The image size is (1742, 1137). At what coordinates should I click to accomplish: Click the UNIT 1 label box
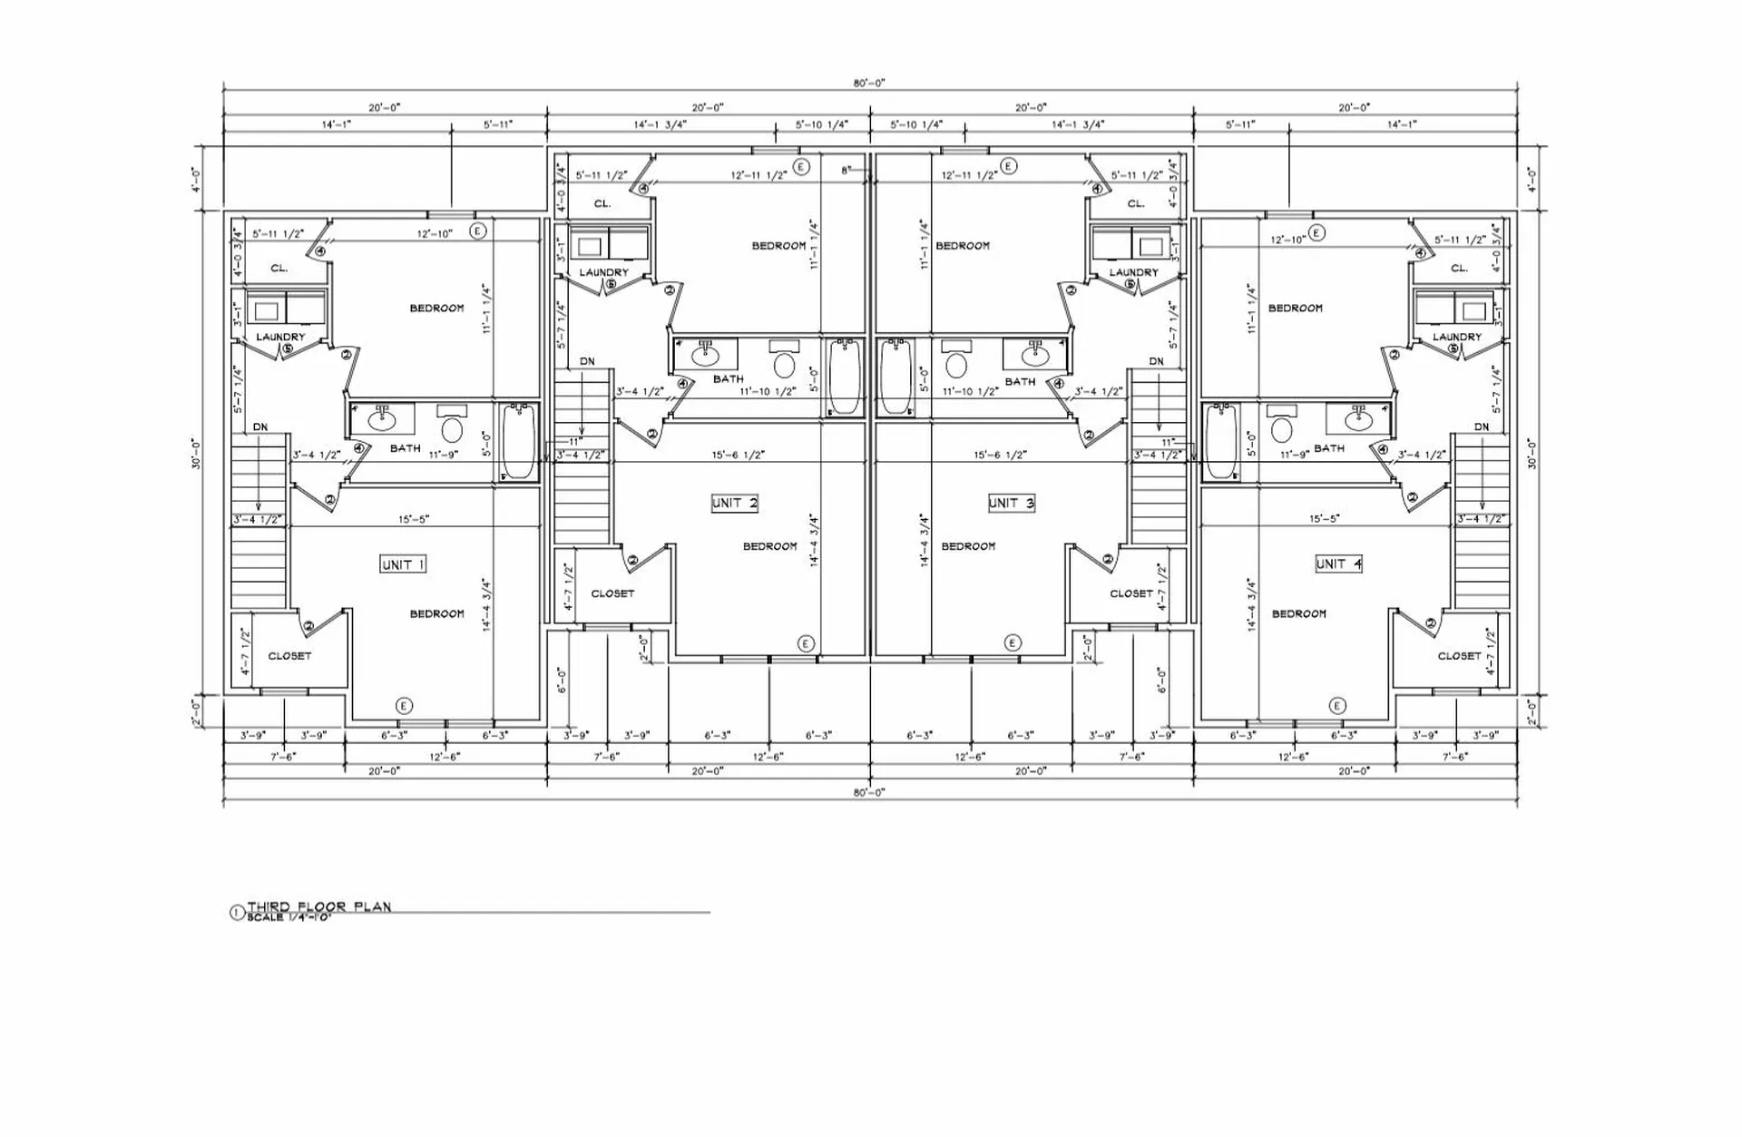pyautogui.click(x=403, y=564)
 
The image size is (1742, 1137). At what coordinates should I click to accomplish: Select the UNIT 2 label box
pyautogui.click(x=734, y=503)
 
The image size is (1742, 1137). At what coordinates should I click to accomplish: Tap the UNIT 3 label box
pyautogui.click(x=1011, y=503)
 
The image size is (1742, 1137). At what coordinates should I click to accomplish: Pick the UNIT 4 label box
pyautogui.click(x=1338, y=564)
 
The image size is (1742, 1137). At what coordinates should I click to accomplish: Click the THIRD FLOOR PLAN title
pyautogui.click(x=318, y=907)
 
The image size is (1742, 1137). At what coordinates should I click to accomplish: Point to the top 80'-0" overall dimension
pyautogui.click(x=869, y=83)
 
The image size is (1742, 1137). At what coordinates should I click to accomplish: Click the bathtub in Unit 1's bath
pyautogui.click(x=518, y=441)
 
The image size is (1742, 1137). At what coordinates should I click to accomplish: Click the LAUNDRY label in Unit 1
pyautogui.click(x=280, y=337)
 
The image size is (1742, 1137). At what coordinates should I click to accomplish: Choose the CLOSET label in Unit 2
pyautogui.click(x=612, y=593)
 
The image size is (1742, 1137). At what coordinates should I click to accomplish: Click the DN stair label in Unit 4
pyautogui.click(x=1482, y=426)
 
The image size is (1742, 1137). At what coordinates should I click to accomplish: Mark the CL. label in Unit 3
pyautogui.click(x=1136, y=204)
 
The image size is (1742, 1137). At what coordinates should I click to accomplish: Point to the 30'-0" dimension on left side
pyautogui.click(x=196, y=454)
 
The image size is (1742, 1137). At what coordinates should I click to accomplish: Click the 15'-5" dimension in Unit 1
pyautogui.click(x=414, y=520)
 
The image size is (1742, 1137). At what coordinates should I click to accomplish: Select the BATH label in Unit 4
pyautogui.click(x=1329, y=448)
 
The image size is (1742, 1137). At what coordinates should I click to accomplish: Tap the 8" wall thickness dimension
pyautogui.click(x=847, y=170)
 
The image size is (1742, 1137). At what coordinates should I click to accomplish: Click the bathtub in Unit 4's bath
pyautogui.click(x=1221, y=441)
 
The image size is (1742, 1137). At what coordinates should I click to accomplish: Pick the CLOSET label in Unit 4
pyautogui.click(x=1459, y=655)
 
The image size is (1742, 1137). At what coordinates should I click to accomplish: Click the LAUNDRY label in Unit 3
pyautogui.click(x=1133, y=272)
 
